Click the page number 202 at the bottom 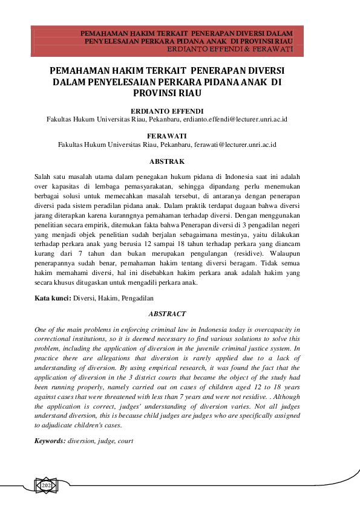[46, 485]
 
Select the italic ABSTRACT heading [166, 314]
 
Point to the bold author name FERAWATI [166, 137]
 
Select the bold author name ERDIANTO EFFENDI [166, 111]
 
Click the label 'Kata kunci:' [53, 298]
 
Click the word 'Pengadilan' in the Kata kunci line [138, 298]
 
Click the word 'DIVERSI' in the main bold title [260, 70]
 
